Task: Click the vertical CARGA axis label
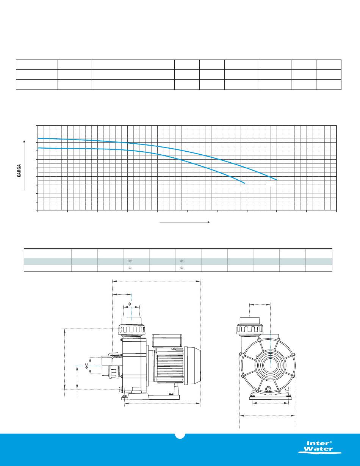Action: pyautogui.click(x=19, y=171)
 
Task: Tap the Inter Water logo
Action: pyautogui.click(x=320, y=447)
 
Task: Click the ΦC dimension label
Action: pyautogui.click(x=87, y=366)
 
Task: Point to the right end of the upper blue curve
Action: pyautogui.click(x=277, y=180)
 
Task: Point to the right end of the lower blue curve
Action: pyautogui.click(x=245, y=184)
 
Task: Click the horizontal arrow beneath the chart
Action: pyautogui.click(x=185, y=222)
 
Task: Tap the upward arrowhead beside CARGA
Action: pyautogui.click(x=24, y=141)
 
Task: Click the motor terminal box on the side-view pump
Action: pyautogui.click(x=167, y=341)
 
